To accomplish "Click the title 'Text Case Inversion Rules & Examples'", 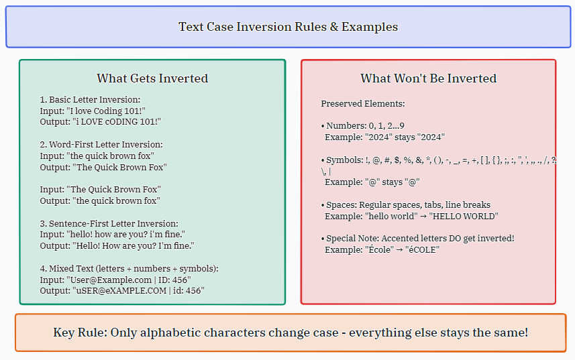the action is pyautogui.click(x=289, y=27).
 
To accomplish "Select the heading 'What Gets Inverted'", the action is pyautogui.click(x=152, y=78).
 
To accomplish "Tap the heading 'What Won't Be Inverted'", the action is pyautogui.click(x=428, y=78).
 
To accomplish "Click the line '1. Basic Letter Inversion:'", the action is pyautogui.click(x=90, y=100).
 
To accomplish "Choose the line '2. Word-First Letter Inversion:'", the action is pyautogui.click(x=101, y=145).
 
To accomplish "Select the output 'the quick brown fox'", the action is pyautogui.click(x=116, y=200).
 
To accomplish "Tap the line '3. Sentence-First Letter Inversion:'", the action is pyautogui.click(x=109, y=223).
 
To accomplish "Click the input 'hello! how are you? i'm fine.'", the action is pyautogui.click(x=125, y=235).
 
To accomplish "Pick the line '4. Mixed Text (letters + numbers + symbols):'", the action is pyautogui.click(x=129, y=268).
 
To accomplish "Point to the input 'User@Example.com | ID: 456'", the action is pyautogui.click(x=129, y=280).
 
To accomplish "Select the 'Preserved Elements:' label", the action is pyautogui.click(x=363, y=104).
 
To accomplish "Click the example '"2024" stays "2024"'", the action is pyautogui.click(x=405, y=137).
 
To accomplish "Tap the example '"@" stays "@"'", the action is pyautogui.click(x=393, y=182).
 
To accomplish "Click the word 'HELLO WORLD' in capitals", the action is pyautogui.click(x=464, y=216).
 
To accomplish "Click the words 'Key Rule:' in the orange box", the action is pyautogui.click(x=81, y=333).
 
